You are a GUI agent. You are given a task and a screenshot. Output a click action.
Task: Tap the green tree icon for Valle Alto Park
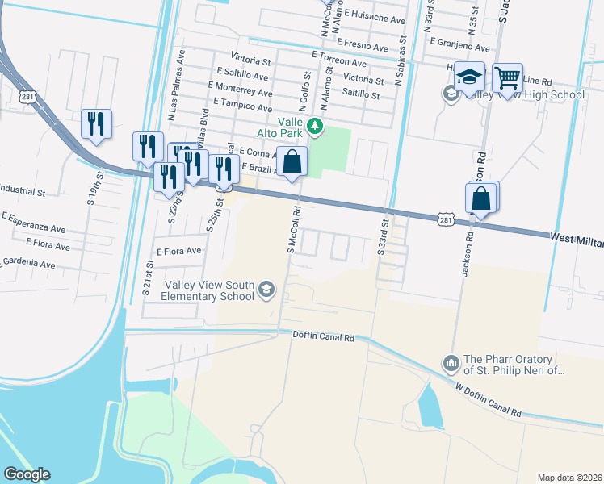coord(316,127)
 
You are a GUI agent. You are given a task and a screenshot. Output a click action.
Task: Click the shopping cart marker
coord(507,79)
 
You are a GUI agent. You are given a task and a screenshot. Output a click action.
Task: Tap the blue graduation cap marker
coord(469,77)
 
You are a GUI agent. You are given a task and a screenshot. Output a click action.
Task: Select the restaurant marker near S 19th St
coord(96,124)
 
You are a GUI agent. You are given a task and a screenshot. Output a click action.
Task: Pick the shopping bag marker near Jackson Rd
coord(481,198)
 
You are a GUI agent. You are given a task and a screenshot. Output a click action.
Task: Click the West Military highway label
coord(577,238)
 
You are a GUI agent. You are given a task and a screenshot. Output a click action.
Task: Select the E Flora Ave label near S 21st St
coord(178,251)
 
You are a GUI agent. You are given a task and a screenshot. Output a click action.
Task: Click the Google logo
coord(27,474)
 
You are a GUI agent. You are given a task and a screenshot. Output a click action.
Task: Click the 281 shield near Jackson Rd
coord(447,219)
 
